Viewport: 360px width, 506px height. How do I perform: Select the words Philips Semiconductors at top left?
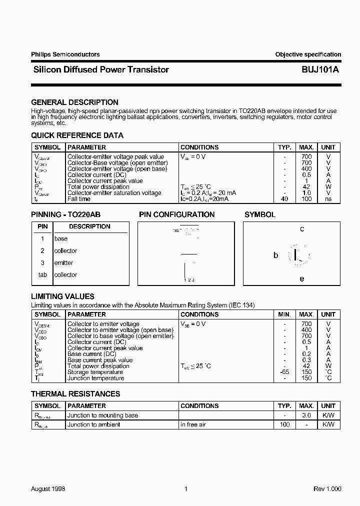(65, 54)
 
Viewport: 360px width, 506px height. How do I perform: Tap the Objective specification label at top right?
(308, 54)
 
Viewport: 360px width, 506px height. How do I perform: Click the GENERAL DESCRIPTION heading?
(75, 102)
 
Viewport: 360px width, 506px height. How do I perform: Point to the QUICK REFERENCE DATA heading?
(77, 135)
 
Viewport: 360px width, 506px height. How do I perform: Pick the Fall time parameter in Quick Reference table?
(79, 199)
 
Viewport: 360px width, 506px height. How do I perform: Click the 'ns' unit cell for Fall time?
(328, 199)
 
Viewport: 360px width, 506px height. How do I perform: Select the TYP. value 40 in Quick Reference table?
(284, 199)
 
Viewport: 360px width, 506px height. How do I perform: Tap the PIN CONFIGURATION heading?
(176, 214)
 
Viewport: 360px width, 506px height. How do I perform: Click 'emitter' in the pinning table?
(63, 263)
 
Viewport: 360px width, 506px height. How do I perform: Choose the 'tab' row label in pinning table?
(42, 275)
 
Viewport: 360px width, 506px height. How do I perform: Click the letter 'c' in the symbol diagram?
(302, 229)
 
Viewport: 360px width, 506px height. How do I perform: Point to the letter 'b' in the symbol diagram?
(275, 255)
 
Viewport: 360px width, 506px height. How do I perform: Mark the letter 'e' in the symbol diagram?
(302, 279)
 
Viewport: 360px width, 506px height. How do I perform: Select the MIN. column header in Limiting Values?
(284, 314)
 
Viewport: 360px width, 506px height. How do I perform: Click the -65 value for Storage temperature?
(284, 372)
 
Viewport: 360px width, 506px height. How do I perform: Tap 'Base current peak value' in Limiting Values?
(100, 360)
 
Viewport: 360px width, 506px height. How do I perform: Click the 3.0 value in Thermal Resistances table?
(306, 415)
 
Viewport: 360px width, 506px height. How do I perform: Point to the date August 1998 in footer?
(48, 489)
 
